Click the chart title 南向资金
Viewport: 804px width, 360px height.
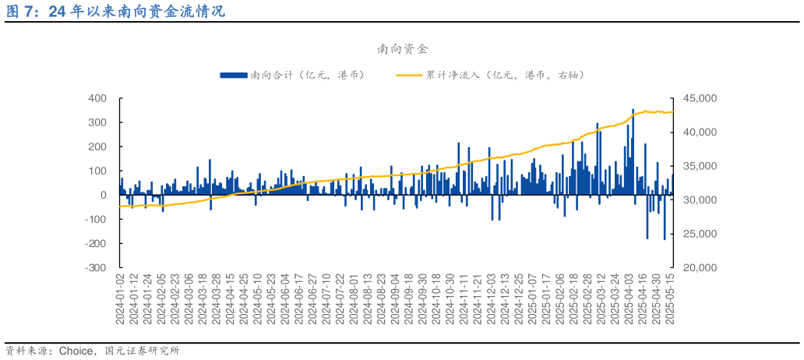(x=402, y=49)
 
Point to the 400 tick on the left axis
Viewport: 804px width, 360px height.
(x=97, y=98)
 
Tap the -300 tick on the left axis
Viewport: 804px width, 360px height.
(x=96, y=267)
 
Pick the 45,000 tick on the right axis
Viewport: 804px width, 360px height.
(x=699, y=98)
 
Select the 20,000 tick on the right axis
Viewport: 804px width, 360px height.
(x=699, y=267)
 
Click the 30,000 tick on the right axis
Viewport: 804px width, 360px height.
(x=699, y=200)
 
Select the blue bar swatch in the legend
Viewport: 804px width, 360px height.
(x=233, y=75)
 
